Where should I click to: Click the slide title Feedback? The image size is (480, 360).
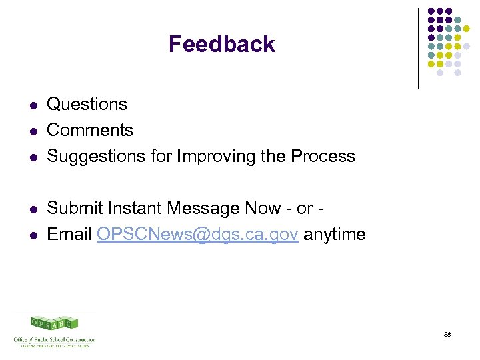tap(221, 44)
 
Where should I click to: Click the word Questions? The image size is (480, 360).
tap(87, 104)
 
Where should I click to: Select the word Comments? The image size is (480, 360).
tap(90, 130)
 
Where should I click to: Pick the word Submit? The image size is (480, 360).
tap(73, 209)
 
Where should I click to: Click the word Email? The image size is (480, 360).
tap(69, 235)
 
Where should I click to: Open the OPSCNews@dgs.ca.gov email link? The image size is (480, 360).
tap(197, 235)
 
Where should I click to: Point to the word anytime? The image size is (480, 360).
tap(335, 235)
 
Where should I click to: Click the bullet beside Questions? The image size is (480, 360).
tap(31, 105)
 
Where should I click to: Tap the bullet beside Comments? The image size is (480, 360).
tap(31, 131)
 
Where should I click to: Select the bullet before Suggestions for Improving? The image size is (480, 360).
tap(31, 157)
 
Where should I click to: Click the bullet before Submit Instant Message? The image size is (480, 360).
tap(31, 210)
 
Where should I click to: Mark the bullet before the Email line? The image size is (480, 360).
tap(31, 236)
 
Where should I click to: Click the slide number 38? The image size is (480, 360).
tap(447, 334)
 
